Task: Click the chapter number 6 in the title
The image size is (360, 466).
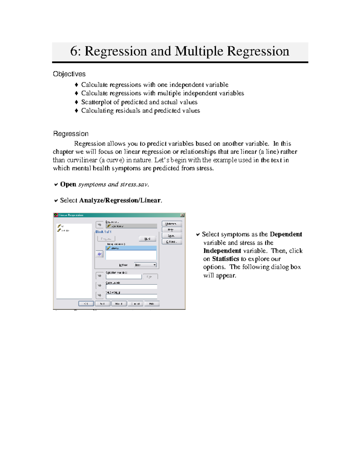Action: (74, 51)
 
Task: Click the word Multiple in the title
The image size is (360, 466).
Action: (199, 51)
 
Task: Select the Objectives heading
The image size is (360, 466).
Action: (69, 74)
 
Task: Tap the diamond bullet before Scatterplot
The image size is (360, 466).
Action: (76, 102)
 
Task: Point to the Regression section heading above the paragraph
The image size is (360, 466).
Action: (70, 134)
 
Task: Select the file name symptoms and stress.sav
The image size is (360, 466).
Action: (113, 185)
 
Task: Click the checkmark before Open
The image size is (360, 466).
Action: (56, 185)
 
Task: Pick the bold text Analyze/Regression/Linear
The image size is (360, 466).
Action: (120, 200)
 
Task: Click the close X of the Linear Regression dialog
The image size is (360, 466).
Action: (182, 215)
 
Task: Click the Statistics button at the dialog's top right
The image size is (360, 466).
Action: (172, 224)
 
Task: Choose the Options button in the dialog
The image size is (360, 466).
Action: (172, 242)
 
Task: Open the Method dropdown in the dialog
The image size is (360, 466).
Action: (145, 265)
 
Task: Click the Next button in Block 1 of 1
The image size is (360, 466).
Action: (147, 239)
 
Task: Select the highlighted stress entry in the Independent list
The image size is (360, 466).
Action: (131, 248)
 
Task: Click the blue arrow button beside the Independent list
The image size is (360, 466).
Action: (99, 254)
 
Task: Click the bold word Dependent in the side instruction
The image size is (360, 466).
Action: (286, 234)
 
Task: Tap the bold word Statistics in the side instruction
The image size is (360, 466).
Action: (225, 259)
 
